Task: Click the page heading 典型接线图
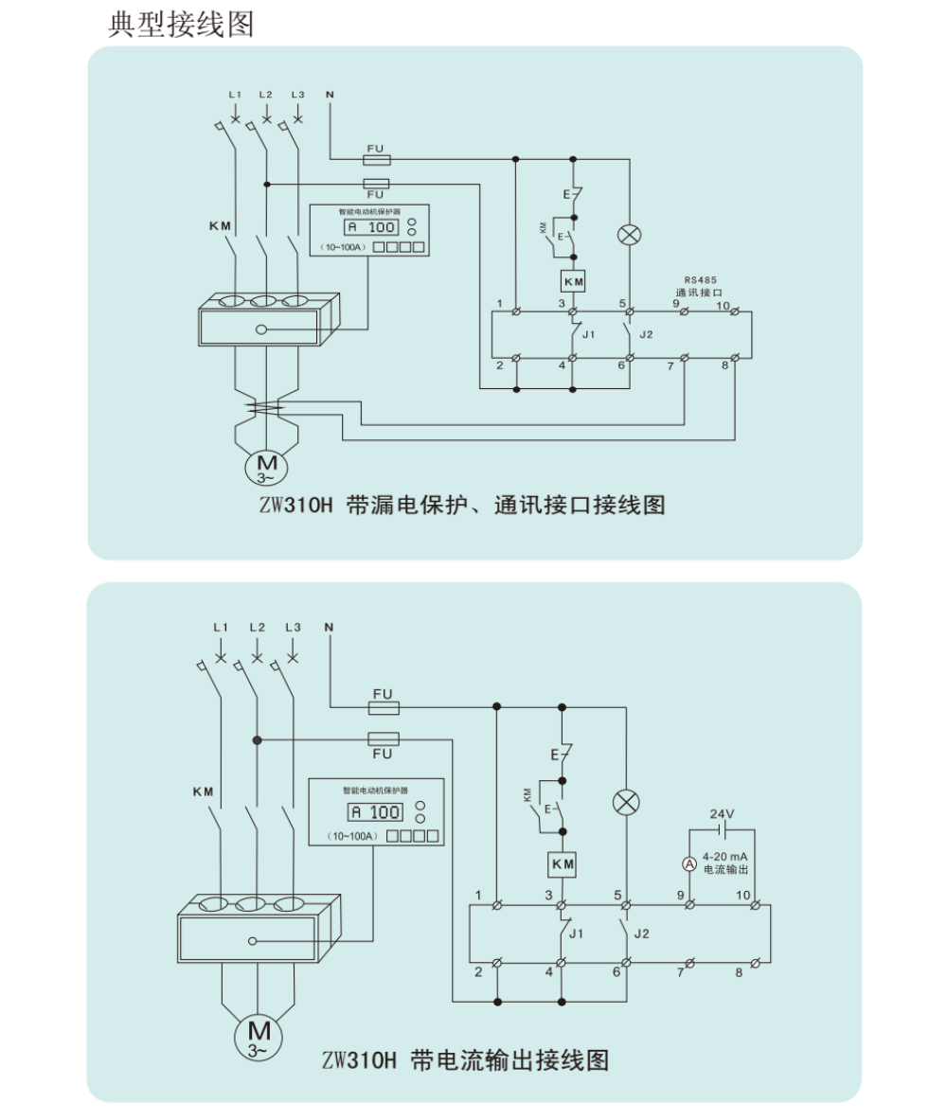point(182,24)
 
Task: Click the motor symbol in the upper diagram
point(268,467)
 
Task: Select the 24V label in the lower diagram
point(723,813)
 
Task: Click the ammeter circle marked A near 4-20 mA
point(689,862)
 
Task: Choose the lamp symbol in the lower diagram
point(626,803)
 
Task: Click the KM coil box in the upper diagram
point(573,282)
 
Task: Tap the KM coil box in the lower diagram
point(563,864)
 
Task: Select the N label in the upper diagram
point(330,95)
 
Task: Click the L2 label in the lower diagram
point(257,627)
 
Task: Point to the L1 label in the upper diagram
point(235,95)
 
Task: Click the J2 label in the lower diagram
point(641,933)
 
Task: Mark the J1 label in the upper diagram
point(588,335)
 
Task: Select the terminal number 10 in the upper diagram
point(722,305)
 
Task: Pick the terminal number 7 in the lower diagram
point(680,972)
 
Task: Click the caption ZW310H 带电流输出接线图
point(465,1059)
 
